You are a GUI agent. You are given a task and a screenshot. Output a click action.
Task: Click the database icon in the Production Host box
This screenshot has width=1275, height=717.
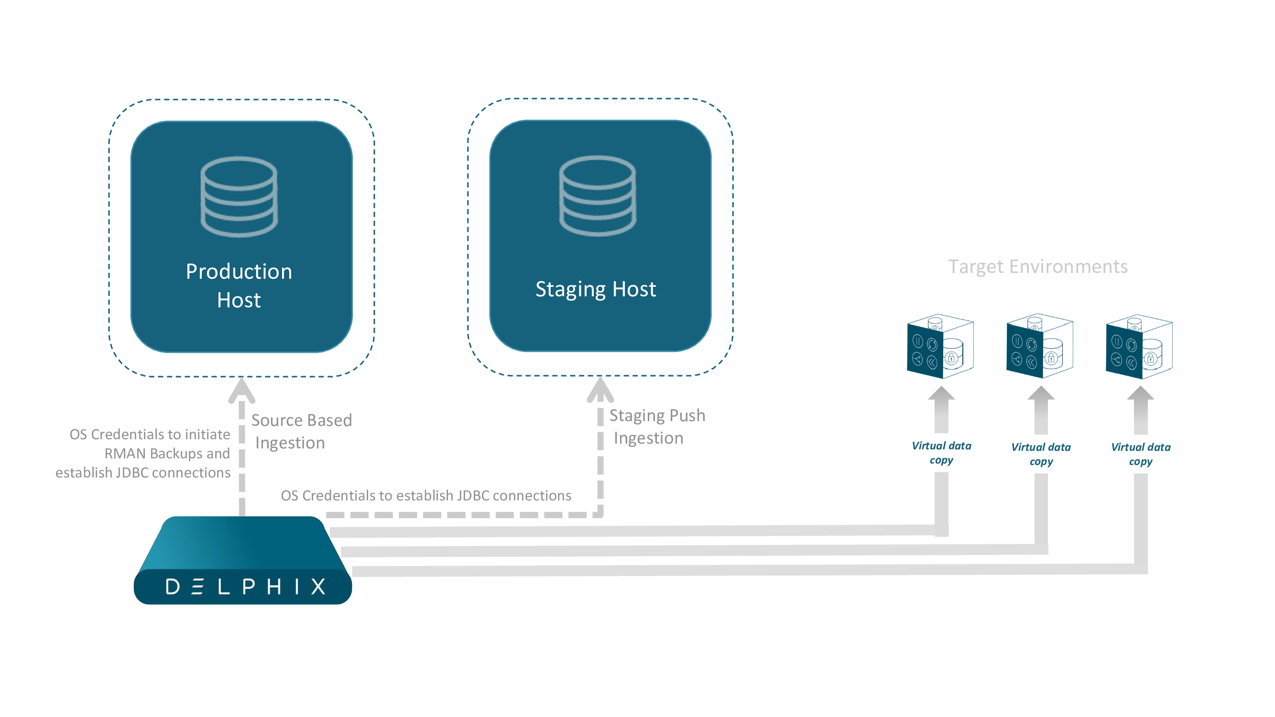click(x=239, y=196)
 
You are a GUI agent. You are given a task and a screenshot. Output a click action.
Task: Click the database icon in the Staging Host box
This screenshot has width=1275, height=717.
click(x=598, y=196)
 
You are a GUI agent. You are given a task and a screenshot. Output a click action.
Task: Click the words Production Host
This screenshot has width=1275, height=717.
click(x=239, y=285)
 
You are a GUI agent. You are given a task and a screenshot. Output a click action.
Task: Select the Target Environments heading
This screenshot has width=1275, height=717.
click(x=1037, y=267)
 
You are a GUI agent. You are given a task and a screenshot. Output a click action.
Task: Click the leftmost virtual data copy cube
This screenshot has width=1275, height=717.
click(x=940, y=347)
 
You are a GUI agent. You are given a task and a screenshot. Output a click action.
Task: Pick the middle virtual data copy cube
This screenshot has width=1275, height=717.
click(x=1039, y=347)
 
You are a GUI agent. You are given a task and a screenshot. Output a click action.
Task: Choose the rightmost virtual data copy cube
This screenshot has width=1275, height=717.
click(x=1139, y=347)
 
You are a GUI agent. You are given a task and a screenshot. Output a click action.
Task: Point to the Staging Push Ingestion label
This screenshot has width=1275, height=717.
click(x=656, y=426)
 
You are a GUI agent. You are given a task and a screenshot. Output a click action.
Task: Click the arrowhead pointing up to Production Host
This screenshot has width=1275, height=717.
click(x=241, y=391)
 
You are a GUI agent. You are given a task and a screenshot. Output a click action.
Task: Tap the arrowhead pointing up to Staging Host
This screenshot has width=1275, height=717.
click(x=600, y=390)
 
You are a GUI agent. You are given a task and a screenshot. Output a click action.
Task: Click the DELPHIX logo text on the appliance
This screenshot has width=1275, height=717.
click(x=245, y=587)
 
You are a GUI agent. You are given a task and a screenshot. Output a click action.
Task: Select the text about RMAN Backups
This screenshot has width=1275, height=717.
click(x=167, y=453)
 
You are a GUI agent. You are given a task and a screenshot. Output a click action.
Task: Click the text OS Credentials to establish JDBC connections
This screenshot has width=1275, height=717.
click(x=425, y=495)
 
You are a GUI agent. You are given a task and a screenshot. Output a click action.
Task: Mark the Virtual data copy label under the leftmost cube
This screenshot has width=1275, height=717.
click(x=941, y=452)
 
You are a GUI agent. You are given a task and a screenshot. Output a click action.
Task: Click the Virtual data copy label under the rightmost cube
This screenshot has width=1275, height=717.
click(x=1140, y=454)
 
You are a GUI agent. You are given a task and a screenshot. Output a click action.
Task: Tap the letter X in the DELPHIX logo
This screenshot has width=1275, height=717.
click(x=318, y=587)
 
